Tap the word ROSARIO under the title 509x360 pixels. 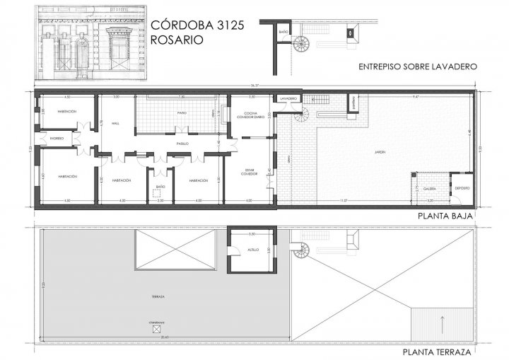172,40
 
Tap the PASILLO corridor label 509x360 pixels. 182,144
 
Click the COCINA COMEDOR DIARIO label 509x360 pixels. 250,115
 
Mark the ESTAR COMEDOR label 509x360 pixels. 250,171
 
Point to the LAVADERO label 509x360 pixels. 288,98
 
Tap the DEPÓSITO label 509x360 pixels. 462,187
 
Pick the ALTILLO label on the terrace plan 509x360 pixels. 252,250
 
